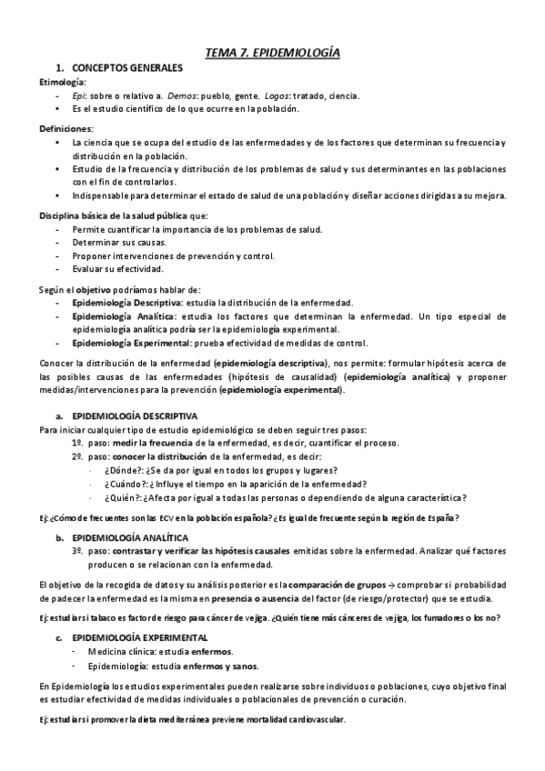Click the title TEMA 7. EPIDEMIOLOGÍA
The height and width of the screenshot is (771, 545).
(272, 54)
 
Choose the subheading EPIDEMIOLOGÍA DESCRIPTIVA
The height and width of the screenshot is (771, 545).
(134, 416)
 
